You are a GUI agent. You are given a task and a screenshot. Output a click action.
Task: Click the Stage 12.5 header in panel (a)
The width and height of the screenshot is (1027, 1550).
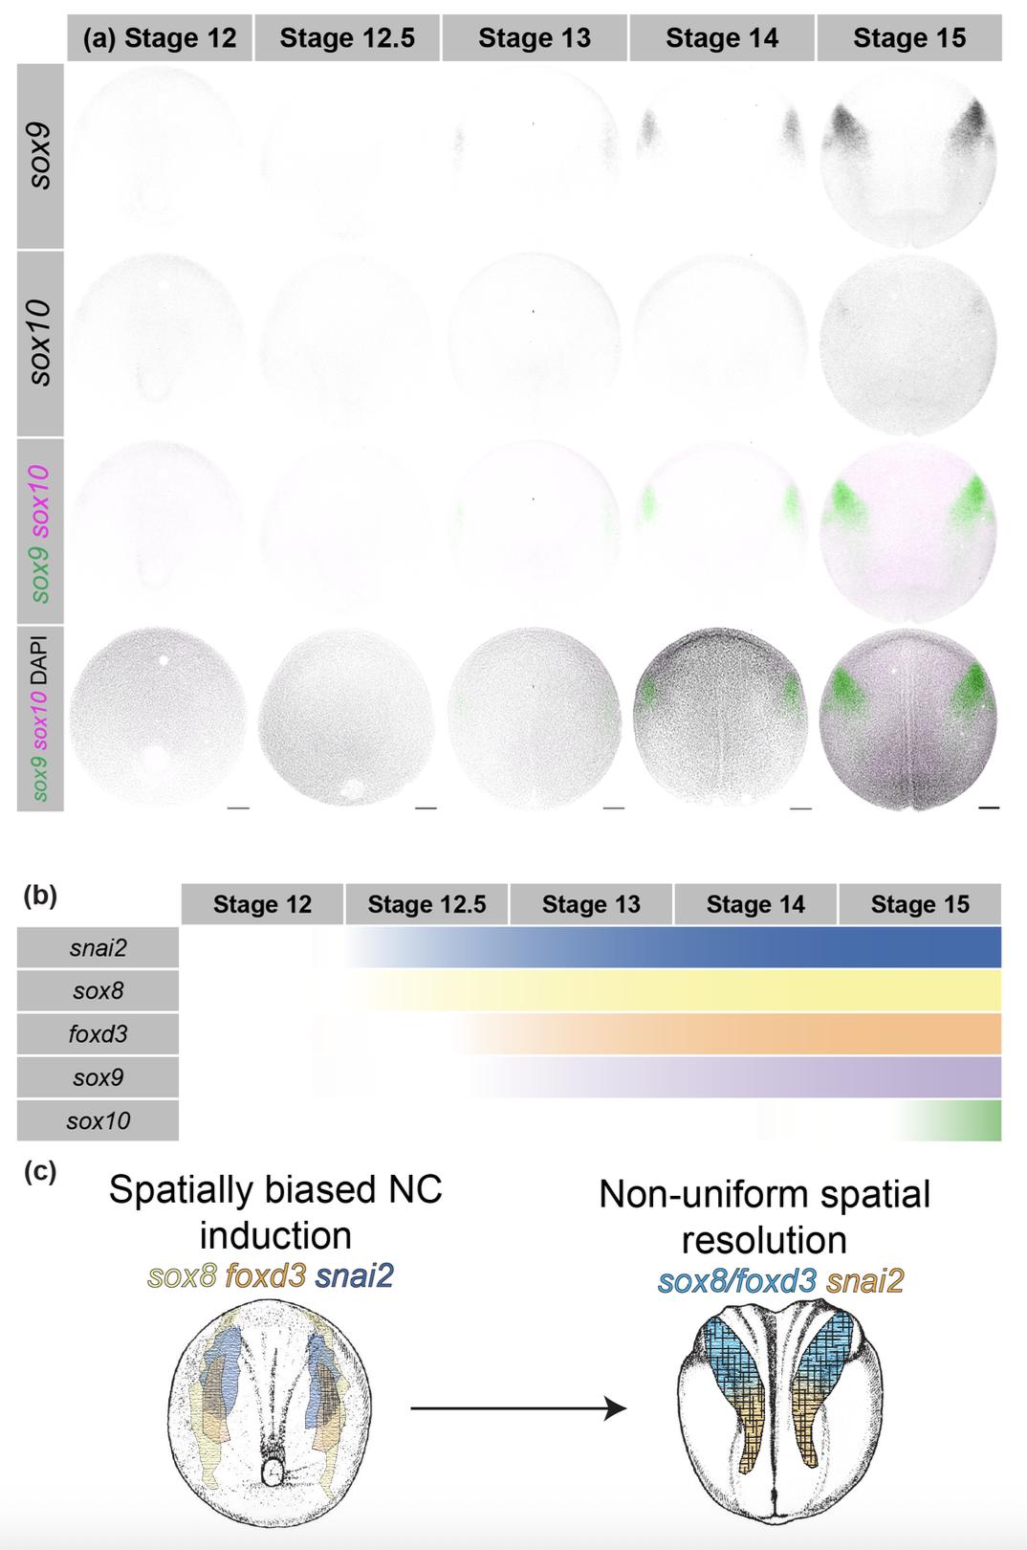pos(346,38)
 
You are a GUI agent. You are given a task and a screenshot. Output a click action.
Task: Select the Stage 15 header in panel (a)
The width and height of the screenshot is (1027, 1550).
pos(909,38)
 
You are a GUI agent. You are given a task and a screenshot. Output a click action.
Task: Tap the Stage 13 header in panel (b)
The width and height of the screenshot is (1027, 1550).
pos(591,904)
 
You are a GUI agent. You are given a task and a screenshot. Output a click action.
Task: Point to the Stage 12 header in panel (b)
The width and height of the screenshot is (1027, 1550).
pos(262,904)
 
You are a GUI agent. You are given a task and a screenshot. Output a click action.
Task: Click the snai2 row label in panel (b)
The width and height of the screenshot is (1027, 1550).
pos(98,948)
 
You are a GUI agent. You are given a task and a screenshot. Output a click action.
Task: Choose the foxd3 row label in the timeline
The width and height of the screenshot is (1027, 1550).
pos(98,1034)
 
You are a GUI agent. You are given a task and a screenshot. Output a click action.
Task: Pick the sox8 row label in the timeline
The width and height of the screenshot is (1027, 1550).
pos(98,991)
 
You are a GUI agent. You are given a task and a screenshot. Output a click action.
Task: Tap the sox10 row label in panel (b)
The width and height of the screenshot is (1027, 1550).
pos(98,1120)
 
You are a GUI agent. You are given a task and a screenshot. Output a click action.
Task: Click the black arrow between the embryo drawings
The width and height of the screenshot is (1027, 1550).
pos(518,1408)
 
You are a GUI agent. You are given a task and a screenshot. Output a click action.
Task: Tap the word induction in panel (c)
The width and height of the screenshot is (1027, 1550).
pos(275,1234)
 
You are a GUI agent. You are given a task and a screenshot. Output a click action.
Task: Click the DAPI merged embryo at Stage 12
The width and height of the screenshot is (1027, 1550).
pos(159,718)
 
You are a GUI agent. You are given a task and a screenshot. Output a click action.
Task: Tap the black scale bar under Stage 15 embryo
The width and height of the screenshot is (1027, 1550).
pos(989,808)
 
